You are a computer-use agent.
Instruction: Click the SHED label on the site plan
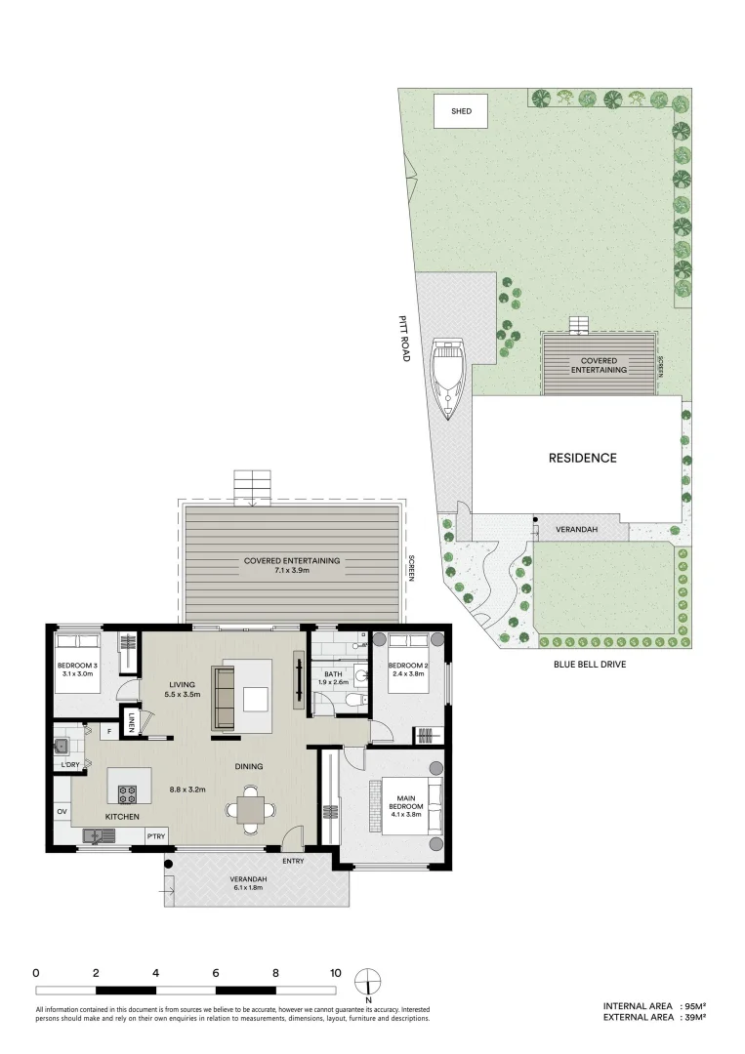(x=461, y=111)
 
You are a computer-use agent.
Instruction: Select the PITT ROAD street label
(x=404, y=339)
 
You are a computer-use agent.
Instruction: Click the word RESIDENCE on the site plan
(x=582, y=458)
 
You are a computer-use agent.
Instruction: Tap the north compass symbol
(x=368, y=981)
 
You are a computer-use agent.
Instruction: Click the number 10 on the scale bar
(x=335, y=972)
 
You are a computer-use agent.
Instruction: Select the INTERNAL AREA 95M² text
(x=653, y=1005)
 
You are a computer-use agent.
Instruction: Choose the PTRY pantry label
(x=155, y=836)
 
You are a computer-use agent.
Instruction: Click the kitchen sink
(x=99, y=835)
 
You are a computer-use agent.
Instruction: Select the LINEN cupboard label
(x=131, y=722)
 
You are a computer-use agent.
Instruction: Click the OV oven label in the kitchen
(x=61, y=811)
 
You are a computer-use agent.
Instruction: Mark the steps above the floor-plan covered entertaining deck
(x=253, y=485)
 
